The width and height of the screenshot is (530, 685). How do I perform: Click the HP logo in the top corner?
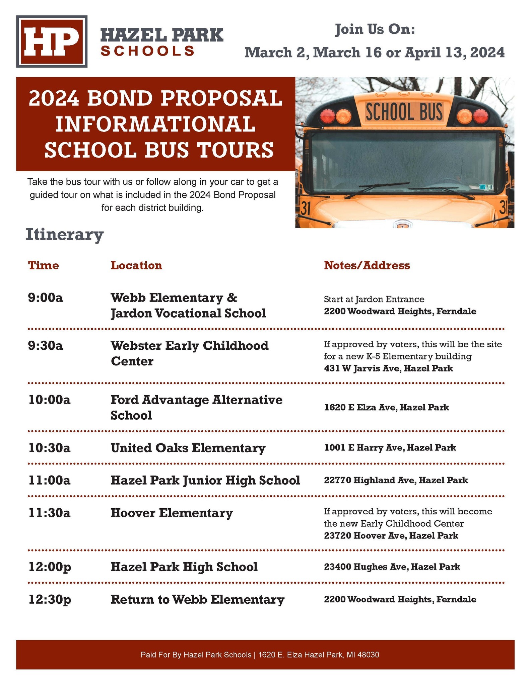pos(52,41)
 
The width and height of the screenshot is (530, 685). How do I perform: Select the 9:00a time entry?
pos(46,297)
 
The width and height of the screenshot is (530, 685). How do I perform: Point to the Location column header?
pos(136,265)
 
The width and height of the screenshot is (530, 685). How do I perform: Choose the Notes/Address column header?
pos(367,265)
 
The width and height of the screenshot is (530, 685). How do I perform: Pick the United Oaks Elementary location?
pos(188,448)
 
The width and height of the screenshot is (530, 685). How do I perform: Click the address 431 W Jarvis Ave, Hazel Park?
pos(388,368)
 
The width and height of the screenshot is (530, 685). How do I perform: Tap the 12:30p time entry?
pos(50,599)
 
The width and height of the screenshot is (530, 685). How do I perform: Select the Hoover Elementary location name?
pos(172,513)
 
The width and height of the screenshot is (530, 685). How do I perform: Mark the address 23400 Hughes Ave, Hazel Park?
pos(392,567)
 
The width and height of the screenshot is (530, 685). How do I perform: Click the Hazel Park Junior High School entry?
pos(205,480)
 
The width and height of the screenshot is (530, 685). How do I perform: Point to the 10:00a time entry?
pos(49,400)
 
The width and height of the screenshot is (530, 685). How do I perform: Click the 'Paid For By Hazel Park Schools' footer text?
pos(260,655)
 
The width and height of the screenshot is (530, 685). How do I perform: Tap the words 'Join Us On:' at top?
pos(375,29)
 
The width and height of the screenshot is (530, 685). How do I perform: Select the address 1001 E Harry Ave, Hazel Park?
pos(390,448)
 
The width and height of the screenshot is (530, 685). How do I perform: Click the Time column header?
pos(44,265)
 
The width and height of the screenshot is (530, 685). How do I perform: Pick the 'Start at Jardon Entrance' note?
pos(374,299)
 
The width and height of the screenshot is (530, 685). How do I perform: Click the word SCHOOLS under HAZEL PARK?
pos(148,51)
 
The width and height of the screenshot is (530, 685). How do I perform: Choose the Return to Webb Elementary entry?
pos(197,599)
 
